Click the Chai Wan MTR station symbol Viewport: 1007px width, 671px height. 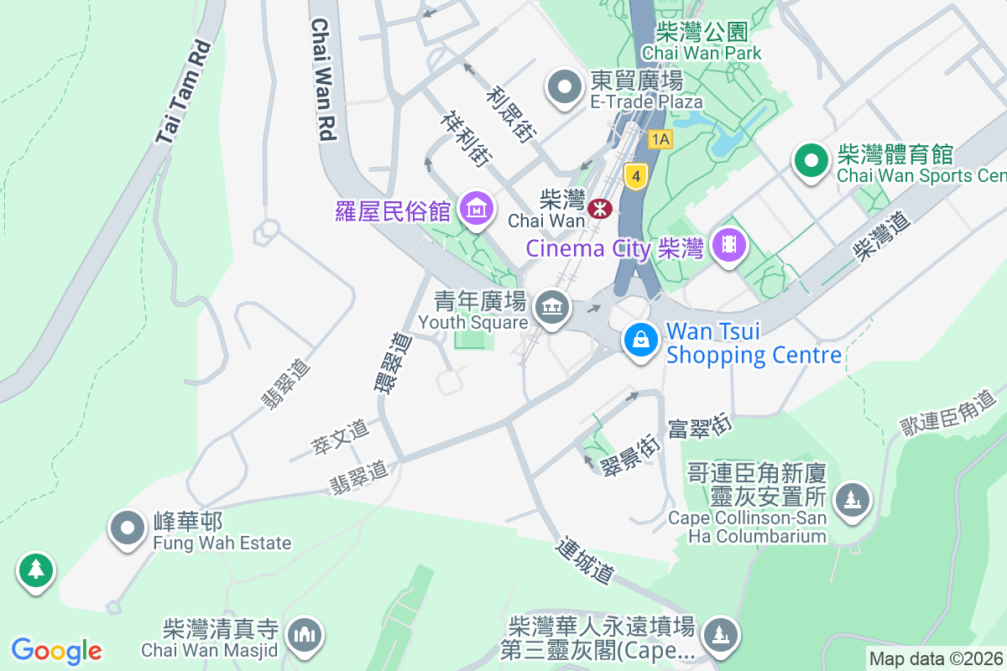600,208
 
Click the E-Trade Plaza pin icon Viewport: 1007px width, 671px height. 565,88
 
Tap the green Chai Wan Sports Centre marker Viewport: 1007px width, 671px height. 811,161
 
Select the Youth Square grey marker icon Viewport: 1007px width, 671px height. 551,308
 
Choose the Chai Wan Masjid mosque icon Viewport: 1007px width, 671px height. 303,637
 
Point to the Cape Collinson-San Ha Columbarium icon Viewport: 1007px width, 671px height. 853,500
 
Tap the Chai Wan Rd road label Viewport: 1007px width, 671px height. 323,79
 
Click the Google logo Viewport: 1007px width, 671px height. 57,650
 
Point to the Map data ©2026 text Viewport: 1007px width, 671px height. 935,658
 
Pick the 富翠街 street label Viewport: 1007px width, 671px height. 701,427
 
